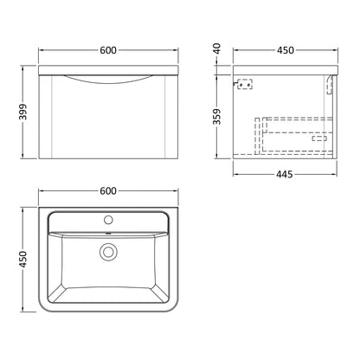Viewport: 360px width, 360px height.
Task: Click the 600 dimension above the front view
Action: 108,50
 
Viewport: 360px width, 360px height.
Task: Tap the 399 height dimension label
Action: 22,112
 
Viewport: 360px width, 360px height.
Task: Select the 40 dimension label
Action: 216,48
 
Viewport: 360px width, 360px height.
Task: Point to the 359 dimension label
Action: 216,117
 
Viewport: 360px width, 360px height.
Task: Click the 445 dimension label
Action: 285,174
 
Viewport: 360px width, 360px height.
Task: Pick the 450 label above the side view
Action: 286,50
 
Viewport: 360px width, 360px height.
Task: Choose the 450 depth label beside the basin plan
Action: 22,260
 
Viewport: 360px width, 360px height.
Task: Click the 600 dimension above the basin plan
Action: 108,190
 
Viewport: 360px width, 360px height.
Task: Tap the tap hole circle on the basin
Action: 108,220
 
